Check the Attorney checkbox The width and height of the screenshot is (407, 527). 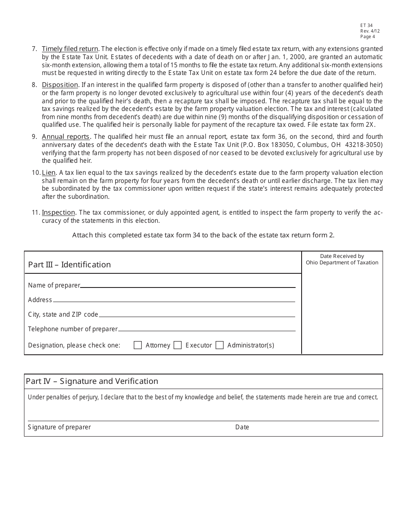[x=138, y=345]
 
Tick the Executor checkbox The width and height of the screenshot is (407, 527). [x=177, y=345]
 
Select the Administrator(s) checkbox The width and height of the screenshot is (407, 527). [x=219, y=345]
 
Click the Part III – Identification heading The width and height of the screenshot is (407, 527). [x=69, y=265]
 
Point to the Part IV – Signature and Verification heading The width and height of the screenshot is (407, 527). [x=92, y=381]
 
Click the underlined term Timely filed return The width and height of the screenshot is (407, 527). [x=70, y=49]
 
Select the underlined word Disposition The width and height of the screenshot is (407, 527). [x=60, y=85]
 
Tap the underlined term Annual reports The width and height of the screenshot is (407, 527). [x=66, y=137]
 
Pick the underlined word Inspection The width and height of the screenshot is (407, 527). [x=58, y=213]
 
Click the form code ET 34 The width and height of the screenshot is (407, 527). [x=366, y=26]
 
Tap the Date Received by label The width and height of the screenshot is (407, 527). [x=342, y=256]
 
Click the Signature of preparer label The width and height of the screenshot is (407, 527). [x=59, y=427]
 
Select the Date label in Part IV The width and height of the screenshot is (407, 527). [x=242, y=427]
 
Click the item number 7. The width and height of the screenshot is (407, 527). [x=34, y=49]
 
